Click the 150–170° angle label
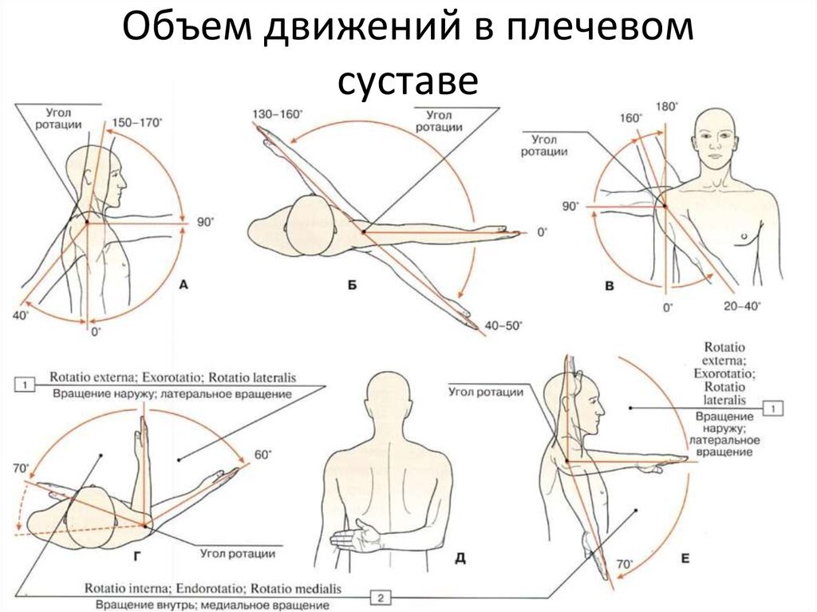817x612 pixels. coord(137,123)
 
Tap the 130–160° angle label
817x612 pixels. coord(277,114)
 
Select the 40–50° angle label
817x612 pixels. coord(503,326)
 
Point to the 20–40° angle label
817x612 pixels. coord(742,306)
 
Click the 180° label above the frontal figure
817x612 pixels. coord(666,106)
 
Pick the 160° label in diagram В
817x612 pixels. coord(630,118)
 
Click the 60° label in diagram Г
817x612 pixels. coord(262,455)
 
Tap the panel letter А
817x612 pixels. coord(184,285)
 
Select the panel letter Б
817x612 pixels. coord(352,285)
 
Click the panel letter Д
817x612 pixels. coord(460,559)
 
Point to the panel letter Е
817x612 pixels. coord(685,559)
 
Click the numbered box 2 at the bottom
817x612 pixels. coord(381,598)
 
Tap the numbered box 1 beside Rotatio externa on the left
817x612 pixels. coord(25,385)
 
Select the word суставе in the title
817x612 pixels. coord(408,81)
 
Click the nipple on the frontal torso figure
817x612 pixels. coord(744,236)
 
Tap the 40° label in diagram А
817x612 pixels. coord(21,316)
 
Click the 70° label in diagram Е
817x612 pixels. coord(624,565)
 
